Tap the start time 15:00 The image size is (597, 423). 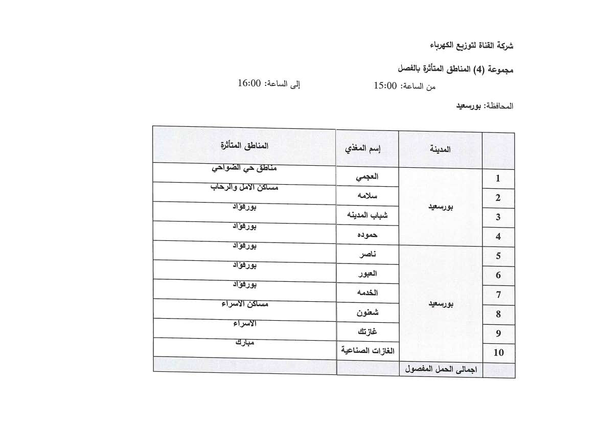tap(385, 86)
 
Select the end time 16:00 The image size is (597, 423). tap(249, 83)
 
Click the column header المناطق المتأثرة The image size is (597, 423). tap(244, 145)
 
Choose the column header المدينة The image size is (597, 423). tap(441, 149)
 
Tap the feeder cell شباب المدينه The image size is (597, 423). tap(367, 215)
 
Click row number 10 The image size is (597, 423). tap(498, 352)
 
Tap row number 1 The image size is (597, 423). tap(498, 179)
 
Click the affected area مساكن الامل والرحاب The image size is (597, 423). tap(244, 187)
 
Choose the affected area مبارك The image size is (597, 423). tap(244, 342)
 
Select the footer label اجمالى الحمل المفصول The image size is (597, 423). tap(441, 369)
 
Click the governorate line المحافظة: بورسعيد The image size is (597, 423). tap(485, 106)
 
